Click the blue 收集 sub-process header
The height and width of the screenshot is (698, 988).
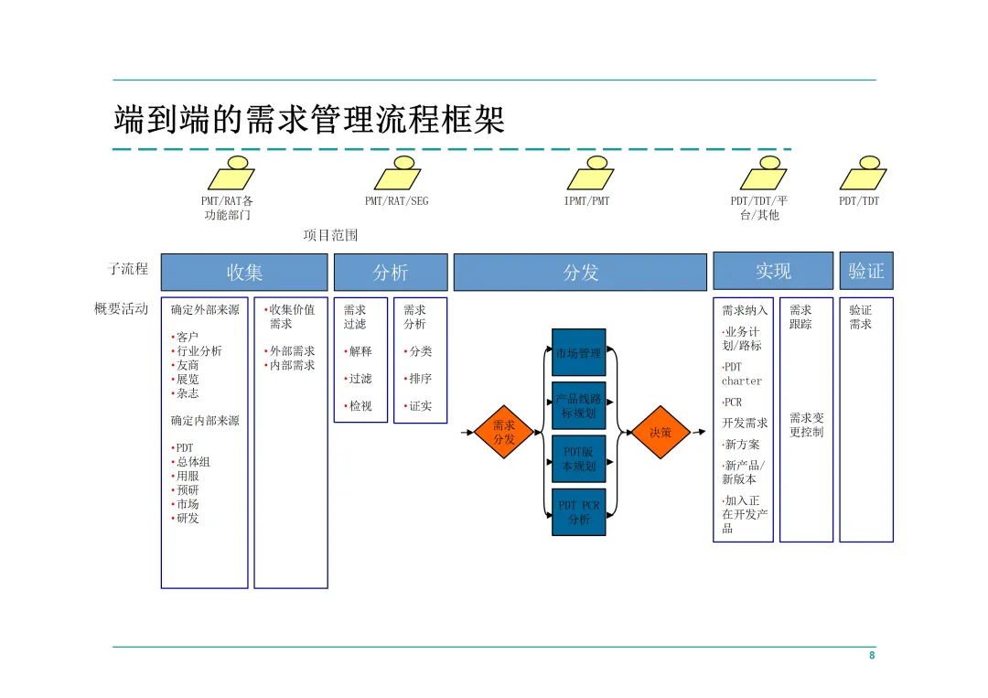coord(244,272)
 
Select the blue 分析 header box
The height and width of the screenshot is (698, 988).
coord(391,272)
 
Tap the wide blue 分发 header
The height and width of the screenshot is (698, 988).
coord(580,272)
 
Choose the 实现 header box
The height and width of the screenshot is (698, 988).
coord(773,271)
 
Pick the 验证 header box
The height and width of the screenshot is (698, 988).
coord(865,271)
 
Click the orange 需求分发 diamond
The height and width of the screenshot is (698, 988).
coord(504,432)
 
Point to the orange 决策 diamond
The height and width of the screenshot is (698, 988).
coord(660,432)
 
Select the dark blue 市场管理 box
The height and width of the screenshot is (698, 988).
coord(578,352)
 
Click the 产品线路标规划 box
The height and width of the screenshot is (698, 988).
coord(578,406)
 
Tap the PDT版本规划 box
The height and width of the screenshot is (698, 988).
coord(578,459)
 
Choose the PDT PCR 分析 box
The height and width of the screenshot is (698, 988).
coord(578,512)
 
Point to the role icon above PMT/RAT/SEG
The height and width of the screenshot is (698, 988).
coord(397,174)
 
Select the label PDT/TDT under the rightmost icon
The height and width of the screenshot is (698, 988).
coord(859,201)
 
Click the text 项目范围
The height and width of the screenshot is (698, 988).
coord(331,235)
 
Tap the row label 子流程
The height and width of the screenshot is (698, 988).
coord(128,269)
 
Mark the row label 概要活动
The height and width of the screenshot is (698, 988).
coord(121,308)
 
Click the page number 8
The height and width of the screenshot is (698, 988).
coord(872,656)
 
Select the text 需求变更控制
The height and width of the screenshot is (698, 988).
coord(806,424)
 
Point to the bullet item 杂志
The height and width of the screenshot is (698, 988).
coord(187,393)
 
